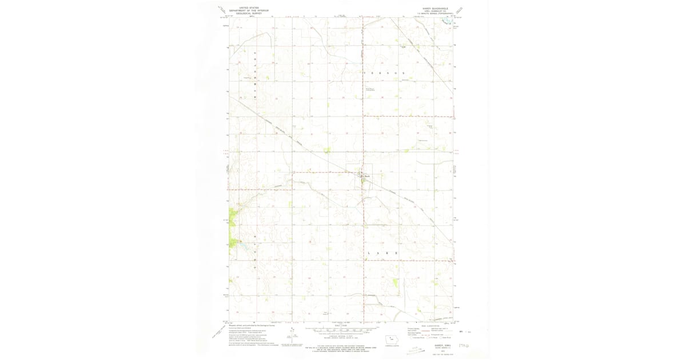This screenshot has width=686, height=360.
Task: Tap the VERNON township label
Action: point(384,73)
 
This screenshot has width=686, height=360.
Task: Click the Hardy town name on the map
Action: point(368,176)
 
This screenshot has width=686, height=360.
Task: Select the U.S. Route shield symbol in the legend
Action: point(426,338)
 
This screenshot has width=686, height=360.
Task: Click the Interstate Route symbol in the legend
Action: point(410,338)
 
